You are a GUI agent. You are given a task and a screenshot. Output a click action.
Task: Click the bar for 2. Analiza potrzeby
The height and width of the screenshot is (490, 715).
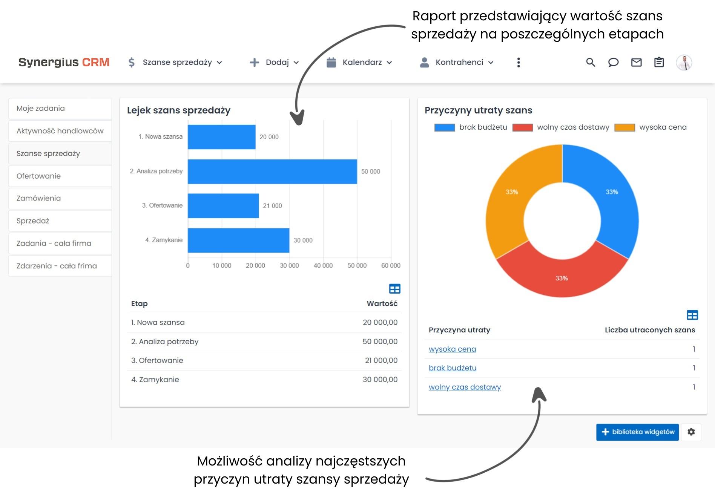click(272, 171)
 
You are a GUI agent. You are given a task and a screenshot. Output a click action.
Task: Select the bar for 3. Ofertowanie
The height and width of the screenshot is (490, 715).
click(223, 206)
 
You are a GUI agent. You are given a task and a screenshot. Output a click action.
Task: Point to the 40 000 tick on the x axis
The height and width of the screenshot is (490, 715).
click(323, 265)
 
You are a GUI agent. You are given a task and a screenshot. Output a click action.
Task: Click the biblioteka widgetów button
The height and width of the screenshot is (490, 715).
click(637, 432)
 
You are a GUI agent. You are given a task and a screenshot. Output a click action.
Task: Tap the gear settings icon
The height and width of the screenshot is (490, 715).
click(691, 432)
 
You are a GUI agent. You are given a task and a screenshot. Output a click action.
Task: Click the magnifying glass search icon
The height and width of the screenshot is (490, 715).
click(591, 63)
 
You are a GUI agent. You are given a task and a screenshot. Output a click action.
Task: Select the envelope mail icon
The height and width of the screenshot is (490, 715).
click(636, 63)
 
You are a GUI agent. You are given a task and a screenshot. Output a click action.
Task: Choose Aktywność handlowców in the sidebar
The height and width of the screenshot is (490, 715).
click(60, 131)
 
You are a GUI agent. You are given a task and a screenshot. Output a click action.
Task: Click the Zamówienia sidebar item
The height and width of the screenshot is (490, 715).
click(38, 198)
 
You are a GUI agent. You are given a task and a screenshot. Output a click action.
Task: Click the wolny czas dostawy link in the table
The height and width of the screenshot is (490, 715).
click(465, 387)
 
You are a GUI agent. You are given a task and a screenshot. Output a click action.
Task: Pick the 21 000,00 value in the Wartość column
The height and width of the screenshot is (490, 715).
click(381, 360)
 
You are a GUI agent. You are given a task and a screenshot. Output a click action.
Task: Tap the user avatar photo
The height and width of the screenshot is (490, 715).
click(684, 63)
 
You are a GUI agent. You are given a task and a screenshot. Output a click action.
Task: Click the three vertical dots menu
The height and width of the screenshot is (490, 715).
click(519, 63)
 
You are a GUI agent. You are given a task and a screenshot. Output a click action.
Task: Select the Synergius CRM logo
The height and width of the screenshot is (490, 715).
click(64, 62)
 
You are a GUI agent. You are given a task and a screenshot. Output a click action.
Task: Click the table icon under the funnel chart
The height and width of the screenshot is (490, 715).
click(394, 289)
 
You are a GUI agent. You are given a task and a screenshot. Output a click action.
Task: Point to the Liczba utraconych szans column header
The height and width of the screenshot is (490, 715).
click(649, 330)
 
